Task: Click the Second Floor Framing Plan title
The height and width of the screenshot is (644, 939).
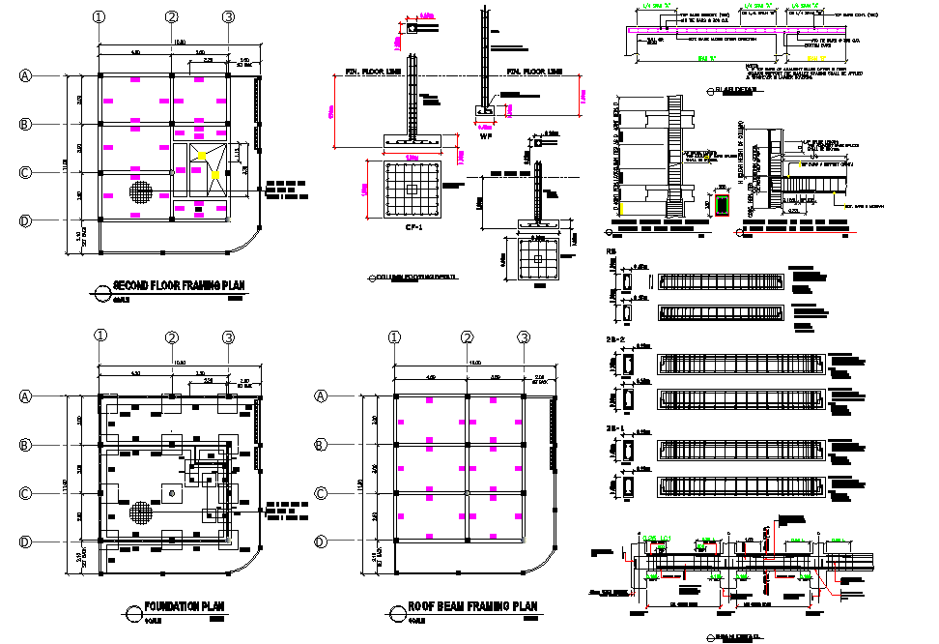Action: tap(180, 285)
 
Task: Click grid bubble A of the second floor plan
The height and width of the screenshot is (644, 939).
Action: tap(27, 75)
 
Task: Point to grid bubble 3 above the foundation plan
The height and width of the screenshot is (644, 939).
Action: tap(228, 337)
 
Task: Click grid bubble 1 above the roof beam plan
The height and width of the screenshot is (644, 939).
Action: tap(394, 337)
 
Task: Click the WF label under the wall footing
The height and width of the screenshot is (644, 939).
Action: tap(486, 136)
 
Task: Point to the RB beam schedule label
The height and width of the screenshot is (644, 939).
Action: tap(611, 253)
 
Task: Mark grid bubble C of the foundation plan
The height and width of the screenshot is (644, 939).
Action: tap(27, 494)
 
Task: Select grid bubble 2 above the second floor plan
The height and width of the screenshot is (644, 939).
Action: tap(171, 16)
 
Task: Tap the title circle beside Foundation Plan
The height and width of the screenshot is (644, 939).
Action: tap(133, 611)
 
